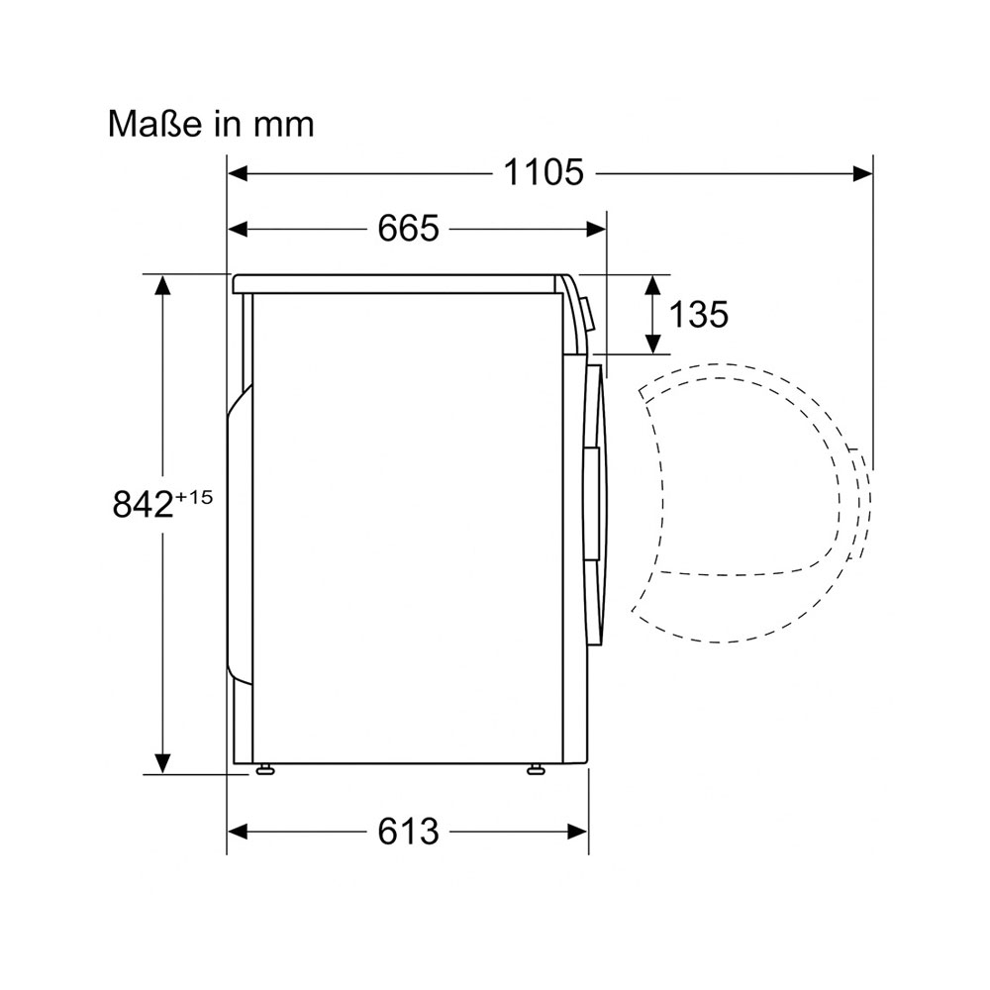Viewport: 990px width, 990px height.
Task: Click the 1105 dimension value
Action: pos(544,172)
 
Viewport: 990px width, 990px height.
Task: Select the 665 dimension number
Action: pos(408,228)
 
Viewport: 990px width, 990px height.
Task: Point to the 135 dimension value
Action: pos(698,314)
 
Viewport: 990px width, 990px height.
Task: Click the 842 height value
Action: pos(143,505)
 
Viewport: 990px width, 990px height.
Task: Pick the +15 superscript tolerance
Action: pos(194,498)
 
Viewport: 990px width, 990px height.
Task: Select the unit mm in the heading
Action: pos(283,126)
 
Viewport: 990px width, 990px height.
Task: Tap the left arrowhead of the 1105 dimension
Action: pos(238,173)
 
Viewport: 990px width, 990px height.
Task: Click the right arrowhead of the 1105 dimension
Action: pos(862,173)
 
